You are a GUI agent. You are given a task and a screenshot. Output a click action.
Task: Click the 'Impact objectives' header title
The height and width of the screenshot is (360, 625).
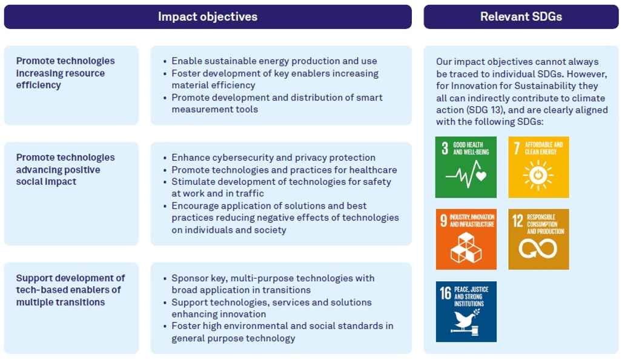click(x=208, y=17)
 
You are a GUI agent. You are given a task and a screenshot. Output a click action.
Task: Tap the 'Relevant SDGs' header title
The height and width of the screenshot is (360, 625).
click(x=521, y=17)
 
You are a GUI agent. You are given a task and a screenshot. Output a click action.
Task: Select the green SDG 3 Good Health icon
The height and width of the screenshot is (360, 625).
click(x=466, y=167)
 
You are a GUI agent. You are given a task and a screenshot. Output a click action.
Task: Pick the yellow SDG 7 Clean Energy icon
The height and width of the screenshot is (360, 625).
click(x=538, y=167)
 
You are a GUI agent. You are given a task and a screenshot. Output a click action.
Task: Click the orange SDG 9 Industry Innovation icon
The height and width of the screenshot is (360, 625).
click(x=466, y=239)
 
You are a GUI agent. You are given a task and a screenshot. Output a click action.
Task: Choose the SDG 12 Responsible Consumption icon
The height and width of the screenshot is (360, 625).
click(x=538, y=239)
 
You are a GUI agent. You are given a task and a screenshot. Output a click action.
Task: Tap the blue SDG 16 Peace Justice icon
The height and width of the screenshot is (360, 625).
click(x=466, y=312)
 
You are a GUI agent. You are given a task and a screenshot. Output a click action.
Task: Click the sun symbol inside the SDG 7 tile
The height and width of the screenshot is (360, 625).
click(x=538, y=175)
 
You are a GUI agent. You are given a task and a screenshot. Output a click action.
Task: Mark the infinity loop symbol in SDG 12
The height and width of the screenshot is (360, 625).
click(x=538, y=248)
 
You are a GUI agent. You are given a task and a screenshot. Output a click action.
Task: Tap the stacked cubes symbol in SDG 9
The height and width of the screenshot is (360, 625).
click(x=466, y=248)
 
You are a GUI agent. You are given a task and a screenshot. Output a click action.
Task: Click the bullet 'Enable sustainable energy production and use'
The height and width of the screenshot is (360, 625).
click(x=274, y=61)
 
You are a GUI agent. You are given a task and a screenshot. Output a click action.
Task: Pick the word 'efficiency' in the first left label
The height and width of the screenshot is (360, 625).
click(x=39, y=85)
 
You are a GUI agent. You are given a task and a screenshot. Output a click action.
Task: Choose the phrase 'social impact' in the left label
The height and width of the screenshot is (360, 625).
click(x=46, y=182)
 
